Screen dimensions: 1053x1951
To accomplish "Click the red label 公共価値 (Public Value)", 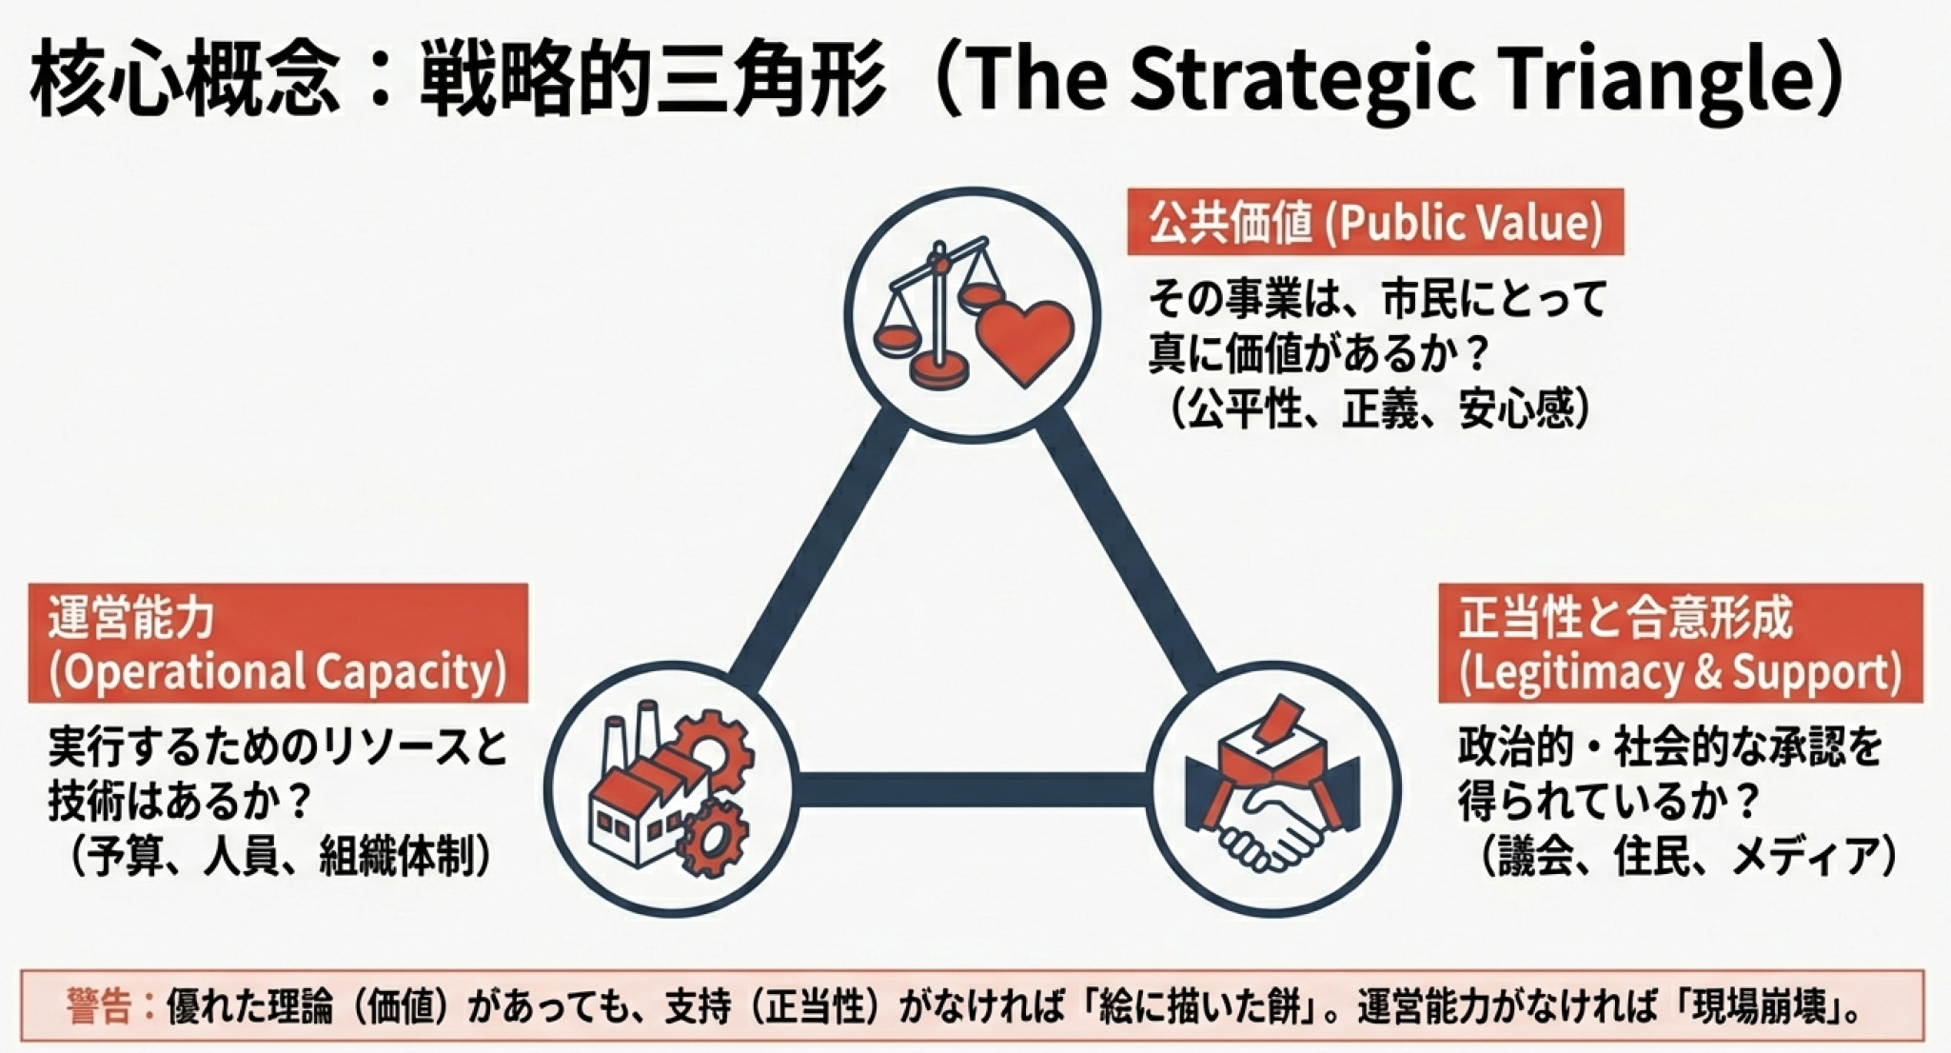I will [x=1375, y=223].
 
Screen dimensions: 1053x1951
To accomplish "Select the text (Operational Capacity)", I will [x=277, y=672].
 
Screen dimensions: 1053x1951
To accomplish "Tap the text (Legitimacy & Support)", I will [x=1680, y=672].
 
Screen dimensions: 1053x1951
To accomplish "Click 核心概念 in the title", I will [x=185, y=80].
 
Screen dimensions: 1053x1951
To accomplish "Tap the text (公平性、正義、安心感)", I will [x=1380, y=408].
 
